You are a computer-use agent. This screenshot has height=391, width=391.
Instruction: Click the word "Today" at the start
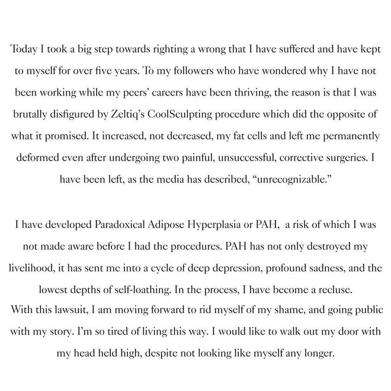[x=25, y=50]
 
